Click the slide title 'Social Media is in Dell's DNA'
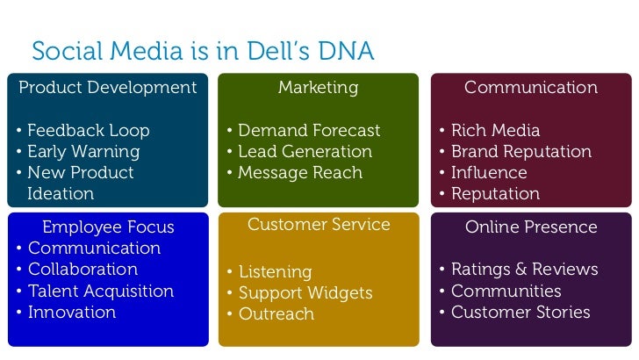pyautogui.click(x=202, y=53)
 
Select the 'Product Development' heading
pyautogui.click(x=108, y=88)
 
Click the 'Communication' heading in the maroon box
pyautogui.click(x=531, y=88)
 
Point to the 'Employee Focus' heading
pyautogui.click(x=108, y=227)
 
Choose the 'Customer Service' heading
pyautogui.click(x=319, y=225)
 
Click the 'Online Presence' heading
pyautogui.click(x=531, y=227)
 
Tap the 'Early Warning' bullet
pyautogui.click(x=83, y=152)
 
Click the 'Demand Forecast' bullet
pyautogui.click(x=309, y=131)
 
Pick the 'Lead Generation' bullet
pyautogui.click(x=305, y=152)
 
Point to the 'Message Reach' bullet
pyautogui.click(x=300, y=173)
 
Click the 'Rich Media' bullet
pyautogui.click(x=495, y=131)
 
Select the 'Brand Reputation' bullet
pyautogui.click(x=521, y=152)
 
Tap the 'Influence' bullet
pyautogui.click(x=489, y=173)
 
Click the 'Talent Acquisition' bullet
pyautogui.click(x=101, y=291)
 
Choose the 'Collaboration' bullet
pyautogui.click(x=83, y=270)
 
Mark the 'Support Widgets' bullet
pyautogui.click(x=305, y=293)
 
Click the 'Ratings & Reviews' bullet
pyautogui.click(x=524, y=270)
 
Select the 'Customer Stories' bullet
pyautogui.click(x=521, y=312)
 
